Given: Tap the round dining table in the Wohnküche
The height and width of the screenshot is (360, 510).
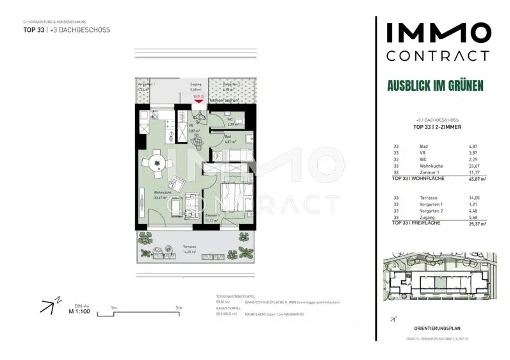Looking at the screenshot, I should click(x=156, y=163).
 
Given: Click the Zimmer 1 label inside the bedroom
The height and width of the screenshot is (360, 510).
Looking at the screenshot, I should click(x=212, y=215).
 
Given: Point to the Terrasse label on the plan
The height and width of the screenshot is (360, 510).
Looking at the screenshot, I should click(x=188, y=246).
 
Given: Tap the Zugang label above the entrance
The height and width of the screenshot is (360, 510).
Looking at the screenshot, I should click(x=196, y=85).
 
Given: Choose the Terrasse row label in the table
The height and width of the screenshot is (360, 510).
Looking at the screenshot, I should click(x=429, y=198).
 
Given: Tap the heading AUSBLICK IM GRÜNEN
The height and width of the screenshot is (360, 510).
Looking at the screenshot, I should click(x=435, y=86).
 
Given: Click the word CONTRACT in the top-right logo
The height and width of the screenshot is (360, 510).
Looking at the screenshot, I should click(x=438, y=56).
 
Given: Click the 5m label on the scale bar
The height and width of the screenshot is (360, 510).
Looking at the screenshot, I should click(x=179, y=308).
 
